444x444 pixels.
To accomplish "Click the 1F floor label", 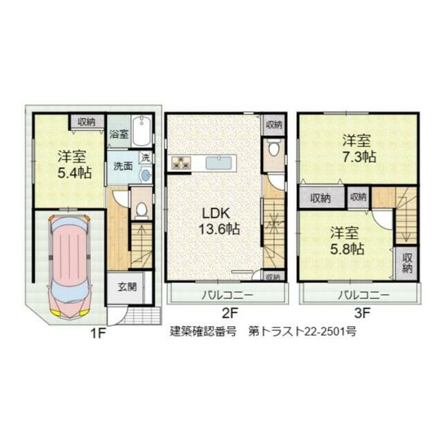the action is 98,334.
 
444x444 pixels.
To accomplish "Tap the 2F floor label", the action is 230,313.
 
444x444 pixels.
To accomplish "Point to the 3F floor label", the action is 363,313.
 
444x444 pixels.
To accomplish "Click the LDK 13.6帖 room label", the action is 219,221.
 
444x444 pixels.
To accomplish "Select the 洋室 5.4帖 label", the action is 74,164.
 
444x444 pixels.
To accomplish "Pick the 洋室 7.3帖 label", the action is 359,148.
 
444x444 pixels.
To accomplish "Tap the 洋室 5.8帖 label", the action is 347,241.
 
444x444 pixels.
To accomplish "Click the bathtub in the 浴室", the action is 142,130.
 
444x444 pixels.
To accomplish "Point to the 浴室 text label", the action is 119,134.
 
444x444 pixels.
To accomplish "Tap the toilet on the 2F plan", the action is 274,148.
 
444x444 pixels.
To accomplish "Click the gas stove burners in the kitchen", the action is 180,162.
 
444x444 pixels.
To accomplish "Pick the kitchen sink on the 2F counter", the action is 219,163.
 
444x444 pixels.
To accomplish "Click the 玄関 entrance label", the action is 127,287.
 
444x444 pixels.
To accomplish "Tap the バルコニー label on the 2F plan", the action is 227,296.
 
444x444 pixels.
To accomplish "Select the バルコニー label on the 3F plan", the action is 364,296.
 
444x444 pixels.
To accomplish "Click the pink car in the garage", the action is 69,266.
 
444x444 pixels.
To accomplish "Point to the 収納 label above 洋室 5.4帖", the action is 87,122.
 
